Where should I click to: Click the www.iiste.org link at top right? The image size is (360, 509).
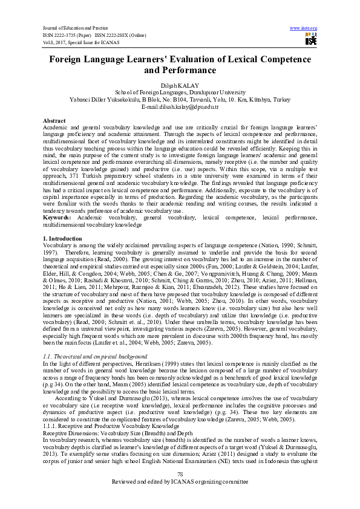(304, 28)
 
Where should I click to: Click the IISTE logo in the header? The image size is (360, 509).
(311, 40)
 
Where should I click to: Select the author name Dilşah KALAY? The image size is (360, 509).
(180, 86)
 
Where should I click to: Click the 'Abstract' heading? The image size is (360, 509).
(54, 121)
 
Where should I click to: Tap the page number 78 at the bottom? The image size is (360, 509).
(180, 490)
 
